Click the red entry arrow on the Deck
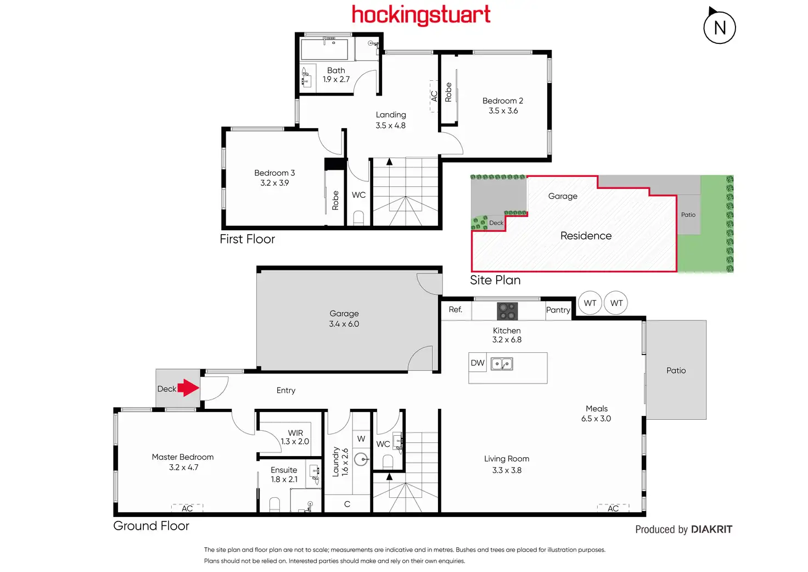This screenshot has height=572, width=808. coord(188,388)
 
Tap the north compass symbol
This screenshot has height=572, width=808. coord(720,27)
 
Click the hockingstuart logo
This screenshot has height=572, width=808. coord(421,15)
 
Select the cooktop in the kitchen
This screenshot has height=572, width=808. coord(507,311)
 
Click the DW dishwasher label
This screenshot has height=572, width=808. coord(478,363)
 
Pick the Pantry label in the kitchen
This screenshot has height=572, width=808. coord(558,310)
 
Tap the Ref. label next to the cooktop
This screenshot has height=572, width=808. coord(455,309)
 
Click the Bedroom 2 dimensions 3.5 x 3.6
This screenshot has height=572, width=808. coord(503,110)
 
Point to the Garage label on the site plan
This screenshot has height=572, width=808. coord(563,196)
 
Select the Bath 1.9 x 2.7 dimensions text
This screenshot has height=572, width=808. coord(336,79)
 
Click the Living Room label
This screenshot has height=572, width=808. coord(507,459)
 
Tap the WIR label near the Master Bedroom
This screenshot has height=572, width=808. coord(295,433)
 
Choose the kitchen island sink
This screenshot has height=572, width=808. coord(502,364)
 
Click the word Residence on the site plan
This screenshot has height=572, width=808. coord(586,236)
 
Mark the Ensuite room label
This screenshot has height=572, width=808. coord(284,470)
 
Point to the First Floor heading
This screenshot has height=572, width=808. coord(247,239)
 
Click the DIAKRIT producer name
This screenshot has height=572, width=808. coord(711,529)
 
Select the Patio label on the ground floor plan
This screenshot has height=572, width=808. coord(676,370)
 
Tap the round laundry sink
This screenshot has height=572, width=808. coord(361,459)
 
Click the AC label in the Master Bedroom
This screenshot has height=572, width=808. coord(187,508)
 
